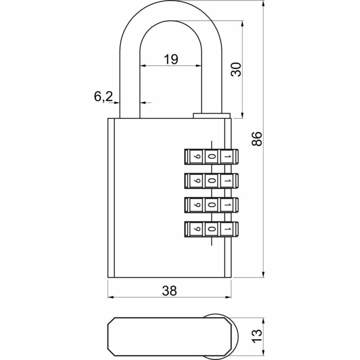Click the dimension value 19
[x=171, y=58]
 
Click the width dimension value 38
[x=169, y=291]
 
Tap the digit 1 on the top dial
[x=227, y=157]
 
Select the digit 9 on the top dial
[x=197, y=157]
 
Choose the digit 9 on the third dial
[x=197, y=205]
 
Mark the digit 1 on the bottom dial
[x=227, y=229]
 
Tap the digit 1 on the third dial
[x=227, y=205]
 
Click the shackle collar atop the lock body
[x=211, y=116]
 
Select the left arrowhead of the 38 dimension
[x=111, y=297]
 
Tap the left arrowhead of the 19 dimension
[x=143, y=65]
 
